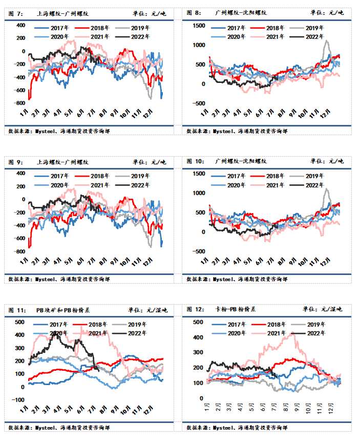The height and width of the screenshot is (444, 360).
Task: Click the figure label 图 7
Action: [16, 12]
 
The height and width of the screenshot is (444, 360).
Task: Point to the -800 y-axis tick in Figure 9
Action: [19, 252]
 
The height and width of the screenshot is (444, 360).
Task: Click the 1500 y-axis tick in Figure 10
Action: [198, 174]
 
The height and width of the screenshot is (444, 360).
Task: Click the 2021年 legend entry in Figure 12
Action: [269, 333]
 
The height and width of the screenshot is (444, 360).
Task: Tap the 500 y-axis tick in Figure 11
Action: [19, 322]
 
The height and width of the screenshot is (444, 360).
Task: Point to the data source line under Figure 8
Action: [237, 131]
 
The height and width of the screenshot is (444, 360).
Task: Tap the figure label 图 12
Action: [196, 309]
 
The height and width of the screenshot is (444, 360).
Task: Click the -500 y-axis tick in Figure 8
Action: [196, 103]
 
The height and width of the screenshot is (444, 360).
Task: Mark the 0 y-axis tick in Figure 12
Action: [202, 398]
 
